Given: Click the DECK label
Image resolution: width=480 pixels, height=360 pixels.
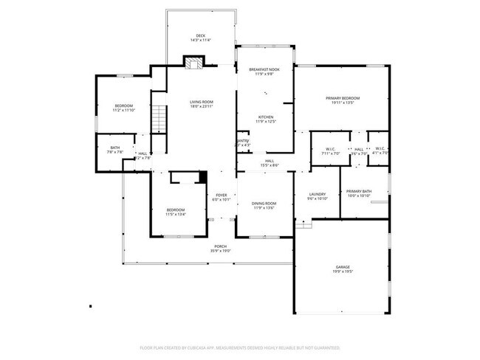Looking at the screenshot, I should tap(200, 35).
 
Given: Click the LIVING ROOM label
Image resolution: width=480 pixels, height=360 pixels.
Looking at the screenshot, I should tap(201, 102).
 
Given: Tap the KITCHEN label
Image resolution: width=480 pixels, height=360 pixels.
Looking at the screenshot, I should tap(266, 117).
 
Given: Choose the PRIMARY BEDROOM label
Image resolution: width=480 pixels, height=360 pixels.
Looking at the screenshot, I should tap(343, 98).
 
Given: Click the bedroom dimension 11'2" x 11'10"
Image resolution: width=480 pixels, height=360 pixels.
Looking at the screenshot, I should tap(124, 111).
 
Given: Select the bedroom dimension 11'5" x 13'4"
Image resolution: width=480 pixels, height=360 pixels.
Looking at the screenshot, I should tap(176, 215).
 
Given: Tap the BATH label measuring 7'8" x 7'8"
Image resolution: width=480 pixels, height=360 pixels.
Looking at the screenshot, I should tap(115, 148).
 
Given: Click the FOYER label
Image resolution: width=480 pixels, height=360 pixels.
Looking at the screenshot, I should tap(222, 195).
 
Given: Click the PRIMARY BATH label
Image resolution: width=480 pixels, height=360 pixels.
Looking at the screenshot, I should tap(359, 191).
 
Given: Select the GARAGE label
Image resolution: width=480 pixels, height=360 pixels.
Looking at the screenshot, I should tap(342, 267).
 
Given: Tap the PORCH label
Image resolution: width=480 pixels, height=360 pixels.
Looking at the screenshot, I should tap(221, 246).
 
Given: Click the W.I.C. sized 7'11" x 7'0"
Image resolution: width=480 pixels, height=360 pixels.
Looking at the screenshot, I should tap(331, 150).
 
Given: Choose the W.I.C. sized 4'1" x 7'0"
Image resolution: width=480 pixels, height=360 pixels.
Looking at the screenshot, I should tap(380, 150).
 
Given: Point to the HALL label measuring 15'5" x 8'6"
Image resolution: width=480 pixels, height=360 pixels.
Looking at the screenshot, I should tap(270, 161).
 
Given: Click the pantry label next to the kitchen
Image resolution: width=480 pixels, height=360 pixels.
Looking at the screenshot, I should tap(242, 140).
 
